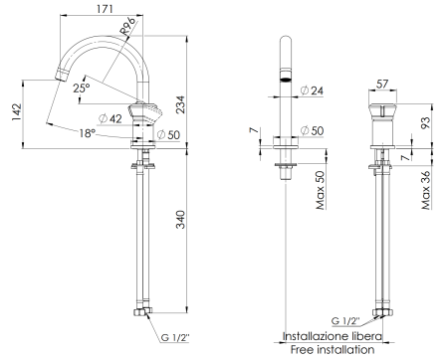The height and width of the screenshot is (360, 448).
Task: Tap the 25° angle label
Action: click(82, 89)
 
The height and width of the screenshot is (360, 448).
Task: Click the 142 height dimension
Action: click(14, 112)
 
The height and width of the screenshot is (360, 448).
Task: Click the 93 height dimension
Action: click(425, 122)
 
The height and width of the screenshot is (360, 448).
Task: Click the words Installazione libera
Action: click(329, 336)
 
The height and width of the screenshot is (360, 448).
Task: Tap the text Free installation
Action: click(329, 350)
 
